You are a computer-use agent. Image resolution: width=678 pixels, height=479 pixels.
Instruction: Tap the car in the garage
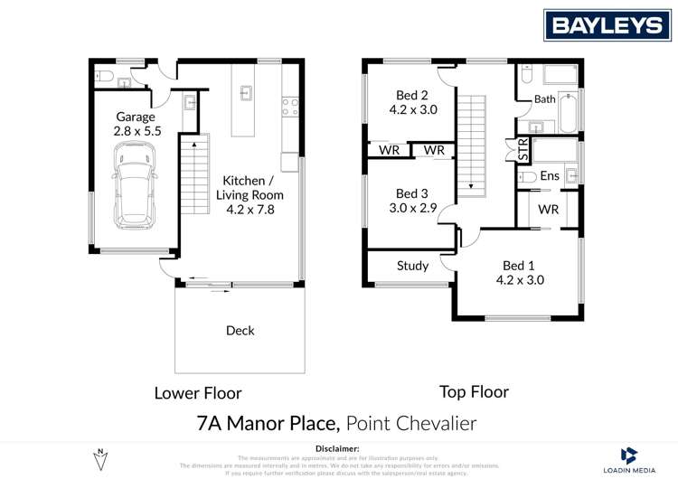pyautogui.click(x=133, y=193)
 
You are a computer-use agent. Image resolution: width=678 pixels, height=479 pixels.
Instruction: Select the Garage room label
pyautogui.click(x=136, y=124)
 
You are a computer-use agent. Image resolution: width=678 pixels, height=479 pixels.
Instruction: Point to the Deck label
pyautogui.click(x=240, y=331)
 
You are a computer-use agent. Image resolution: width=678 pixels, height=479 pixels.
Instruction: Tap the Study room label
pyautogui.click(x=412, y=266)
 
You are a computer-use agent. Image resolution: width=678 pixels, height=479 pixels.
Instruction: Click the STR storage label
pyautogui.click(x=523, y=149)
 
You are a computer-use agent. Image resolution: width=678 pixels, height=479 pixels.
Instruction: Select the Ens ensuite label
pyautogui.click(x=549, y=176)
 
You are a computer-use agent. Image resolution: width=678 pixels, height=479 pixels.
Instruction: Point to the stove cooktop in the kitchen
pyautogui.click(x=290, y=108)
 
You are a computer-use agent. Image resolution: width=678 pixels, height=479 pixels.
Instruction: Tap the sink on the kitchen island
pyautogui.click(x=245, y=91)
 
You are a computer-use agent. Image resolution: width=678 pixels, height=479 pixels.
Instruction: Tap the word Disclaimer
pyautogui.click(x=338, y=448)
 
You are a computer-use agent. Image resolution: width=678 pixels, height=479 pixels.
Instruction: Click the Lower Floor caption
pyautogui.click(x=198, y=393)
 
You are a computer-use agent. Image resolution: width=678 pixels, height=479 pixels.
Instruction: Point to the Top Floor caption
pyautogui.click(x=474, y=392)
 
